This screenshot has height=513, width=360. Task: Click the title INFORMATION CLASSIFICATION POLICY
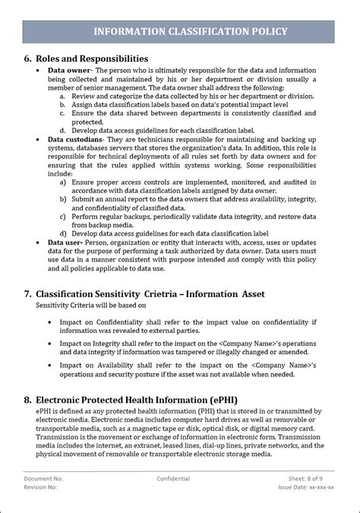[x=190, y=31]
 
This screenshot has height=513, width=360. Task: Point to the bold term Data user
[x=65, y=241]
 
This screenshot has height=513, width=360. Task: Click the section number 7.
[x=28, y=293]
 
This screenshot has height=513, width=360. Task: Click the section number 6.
[x=28, y=59]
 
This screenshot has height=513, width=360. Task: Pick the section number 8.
[x=28, y=399]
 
